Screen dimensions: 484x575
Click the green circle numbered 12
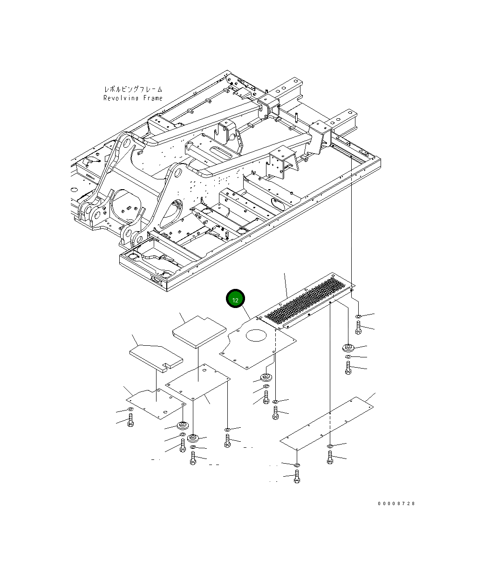click(235, 299)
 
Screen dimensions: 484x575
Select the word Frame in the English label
click(153, 98)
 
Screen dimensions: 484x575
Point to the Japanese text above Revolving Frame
click(133, 89)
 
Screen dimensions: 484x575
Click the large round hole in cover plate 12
click(256, 335)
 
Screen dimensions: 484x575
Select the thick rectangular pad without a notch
click(199, 332)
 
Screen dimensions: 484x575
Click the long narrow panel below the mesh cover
click(327, 424)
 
